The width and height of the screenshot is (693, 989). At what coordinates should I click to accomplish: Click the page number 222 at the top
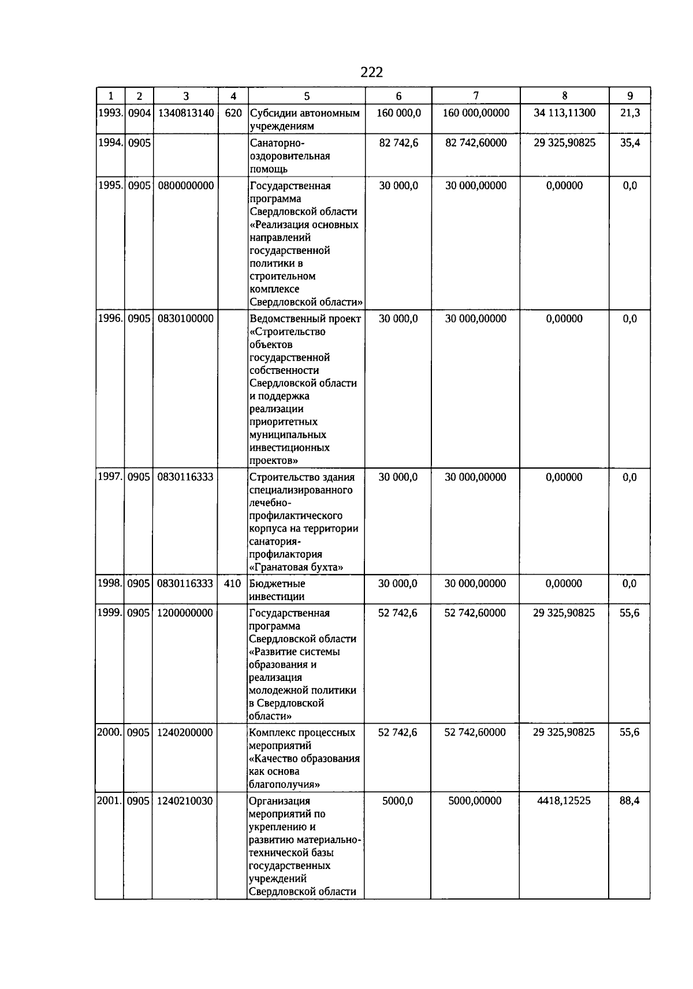point(371,72)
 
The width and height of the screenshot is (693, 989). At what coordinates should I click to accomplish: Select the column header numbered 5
point(307,96)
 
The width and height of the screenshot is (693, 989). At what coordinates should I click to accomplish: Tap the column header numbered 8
point(564,96)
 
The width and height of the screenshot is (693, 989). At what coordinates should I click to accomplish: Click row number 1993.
point(110,113)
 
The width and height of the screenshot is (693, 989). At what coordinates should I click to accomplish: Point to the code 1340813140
point(185,113)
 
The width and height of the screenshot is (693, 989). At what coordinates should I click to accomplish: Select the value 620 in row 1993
point(233,113)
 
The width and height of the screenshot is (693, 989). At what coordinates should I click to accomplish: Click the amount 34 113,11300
point(564,113)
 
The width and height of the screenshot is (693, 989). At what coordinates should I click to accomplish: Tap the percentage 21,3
point(629,113)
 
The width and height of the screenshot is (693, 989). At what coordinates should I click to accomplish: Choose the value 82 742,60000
point(476,143)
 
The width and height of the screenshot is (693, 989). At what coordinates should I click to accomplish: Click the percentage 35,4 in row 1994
point(629,143)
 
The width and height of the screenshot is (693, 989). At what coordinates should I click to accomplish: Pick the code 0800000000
point(185,186)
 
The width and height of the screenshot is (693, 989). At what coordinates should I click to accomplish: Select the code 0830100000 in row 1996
point(185,319)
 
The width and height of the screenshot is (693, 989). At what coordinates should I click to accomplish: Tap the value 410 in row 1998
point(232,584)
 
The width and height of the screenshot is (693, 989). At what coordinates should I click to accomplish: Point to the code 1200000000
point(185,613)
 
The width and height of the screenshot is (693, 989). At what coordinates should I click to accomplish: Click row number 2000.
point(109,733)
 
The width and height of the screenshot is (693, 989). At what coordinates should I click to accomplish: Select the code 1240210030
point(185,801)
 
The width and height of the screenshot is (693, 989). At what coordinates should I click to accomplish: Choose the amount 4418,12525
point(564,801)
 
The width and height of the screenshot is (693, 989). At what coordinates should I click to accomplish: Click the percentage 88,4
point(629,801)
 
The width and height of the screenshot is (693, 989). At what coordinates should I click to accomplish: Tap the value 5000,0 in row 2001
point(398,801)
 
